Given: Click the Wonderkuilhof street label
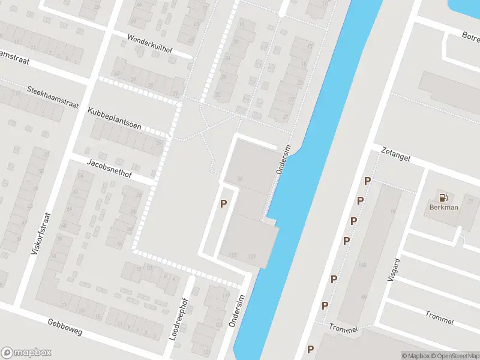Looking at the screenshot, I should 149,43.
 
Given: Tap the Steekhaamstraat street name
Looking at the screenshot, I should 53,97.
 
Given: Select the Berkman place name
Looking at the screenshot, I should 443,208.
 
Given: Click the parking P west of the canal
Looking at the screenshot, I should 223,204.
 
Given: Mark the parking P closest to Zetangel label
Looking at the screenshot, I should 367,181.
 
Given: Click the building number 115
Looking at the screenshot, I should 233,256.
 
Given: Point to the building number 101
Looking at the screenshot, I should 252,256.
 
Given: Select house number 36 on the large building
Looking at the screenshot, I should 240,178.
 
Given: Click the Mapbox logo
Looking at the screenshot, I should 26,353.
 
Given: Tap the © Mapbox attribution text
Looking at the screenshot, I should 415,356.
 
